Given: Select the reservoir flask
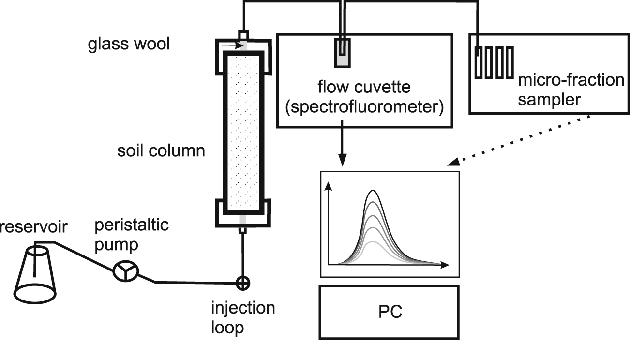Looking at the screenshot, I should click(34, 274).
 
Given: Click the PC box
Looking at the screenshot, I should click(389, 312).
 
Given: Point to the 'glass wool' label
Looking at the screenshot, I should click(129, 44).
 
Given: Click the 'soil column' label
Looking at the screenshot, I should click(161, 150).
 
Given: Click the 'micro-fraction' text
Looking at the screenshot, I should click(571, 79).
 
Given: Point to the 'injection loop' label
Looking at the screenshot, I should click(242, 317).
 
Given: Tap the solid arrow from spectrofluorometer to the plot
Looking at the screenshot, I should click(342, 145).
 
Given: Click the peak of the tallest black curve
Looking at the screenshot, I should click(373, 191).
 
